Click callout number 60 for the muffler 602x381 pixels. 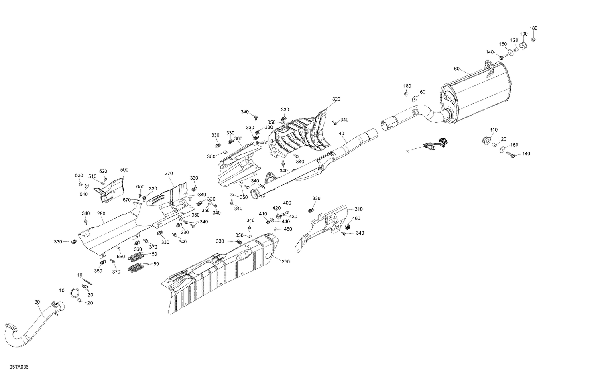pyautogui.click(x=457, y=69)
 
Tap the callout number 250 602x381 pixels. pyautogui.click(x=285, y=261)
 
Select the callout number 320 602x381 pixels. pyautogui.click(x=336, y=99)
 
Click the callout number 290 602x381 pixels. pyautogui.click(x=101, y=214)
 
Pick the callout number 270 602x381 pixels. pyautogui.click(x=168, y=174)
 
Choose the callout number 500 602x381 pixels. pyautogui.click(x=124, y=170)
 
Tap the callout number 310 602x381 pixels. pyautogui.click(x=358, y=209)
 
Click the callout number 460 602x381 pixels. pyautogui.click(x=356, y=218)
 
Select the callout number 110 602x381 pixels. pyautogui.click(x=494, y=130)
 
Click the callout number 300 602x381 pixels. pyautogui.click(x=238, y=138)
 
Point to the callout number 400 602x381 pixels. pyautogui.click(x=287, y=203)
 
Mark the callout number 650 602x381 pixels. pyautogui.click(x=140, y=186)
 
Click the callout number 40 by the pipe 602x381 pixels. pyautogui.click(x=341, y=133)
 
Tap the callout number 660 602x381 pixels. pyautogui.click(x=121, y=257)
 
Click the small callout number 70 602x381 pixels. pyautogui.click(x=407, y=152)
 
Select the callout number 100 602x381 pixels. pyautogui.click(x=524, y=34)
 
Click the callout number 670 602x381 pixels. pyautogui.click(x=127, y=200)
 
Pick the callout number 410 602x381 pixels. pyautogui.click(x=263, y=214)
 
